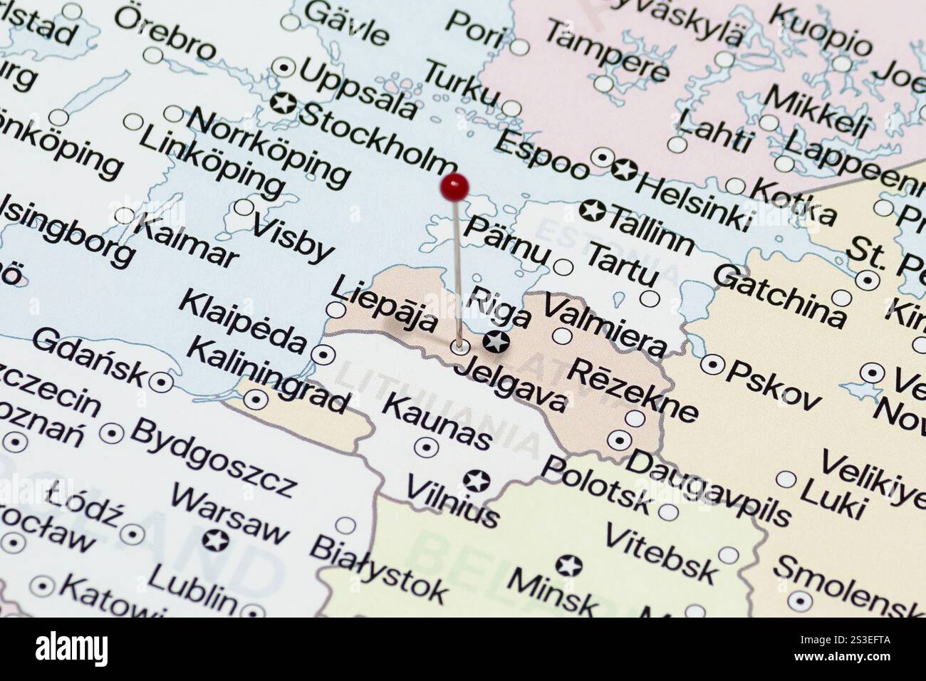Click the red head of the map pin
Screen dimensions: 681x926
pos(454,187)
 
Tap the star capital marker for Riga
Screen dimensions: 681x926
pos(496,342)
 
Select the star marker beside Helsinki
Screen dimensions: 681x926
pos(624,170)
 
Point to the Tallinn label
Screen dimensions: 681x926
pos(650,227)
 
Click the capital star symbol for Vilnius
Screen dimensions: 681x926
pos(476,481)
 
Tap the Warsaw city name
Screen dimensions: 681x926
pos(230,514)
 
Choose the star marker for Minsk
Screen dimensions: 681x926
pos(568,566)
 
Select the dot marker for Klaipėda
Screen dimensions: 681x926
pos(325,353)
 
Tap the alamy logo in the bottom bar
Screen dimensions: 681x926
pos(72,649)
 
